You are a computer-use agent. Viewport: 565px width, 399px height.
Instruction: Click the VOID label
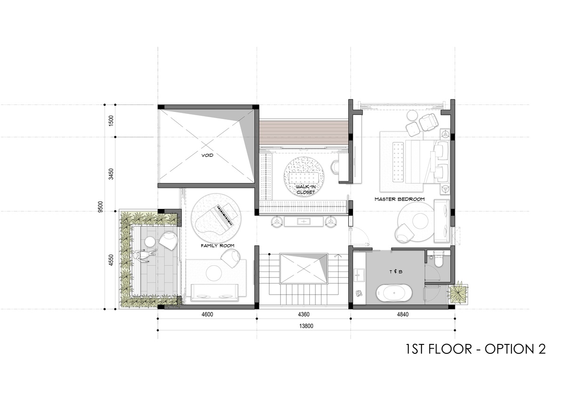(x=207, y=155)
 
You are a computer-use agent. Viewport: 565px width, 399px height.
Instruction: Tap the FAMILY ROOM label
(x=218, y=246)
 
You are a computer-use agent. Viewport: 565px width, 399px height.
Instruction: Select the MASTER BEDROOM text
(x=400, y=199)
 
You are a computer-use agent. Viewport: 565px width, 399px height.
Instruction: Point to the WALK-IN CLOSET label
(x=306, y=189)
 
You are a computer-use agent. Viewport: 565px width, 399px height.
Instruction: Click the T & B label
(x=396, y=271)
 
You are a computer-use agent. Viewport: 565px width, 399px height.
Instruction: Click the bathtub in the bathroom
(x=394, y=294)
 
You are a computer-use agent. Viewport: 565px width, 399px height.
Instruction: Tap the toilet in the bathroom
(x=438, y=259)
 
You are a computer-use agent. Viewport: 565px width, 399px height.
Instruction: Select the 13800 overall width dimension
(x=306, y=326)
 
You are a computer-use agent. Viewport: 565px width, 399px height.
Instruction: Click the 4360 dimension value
(x=304, y=314)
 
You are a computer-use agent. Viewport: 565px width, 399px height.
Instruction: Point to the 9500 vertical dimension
(x=101, y=207)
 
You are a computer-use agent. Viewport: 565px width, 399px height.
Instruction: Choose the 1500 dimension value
(x=111, y=121)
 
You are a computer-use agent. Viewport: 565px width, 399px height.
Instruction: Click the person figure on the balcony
(x=145, y=256)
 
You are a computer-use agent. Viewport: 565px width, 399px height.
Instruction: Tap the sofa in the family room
(x=215, y=292)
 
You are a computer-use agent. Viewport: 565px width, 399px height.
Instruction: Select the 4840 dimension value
(x=403, y=314)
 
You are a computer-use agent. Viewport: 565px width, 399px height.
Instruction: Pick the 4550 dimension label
(x=111, y=260)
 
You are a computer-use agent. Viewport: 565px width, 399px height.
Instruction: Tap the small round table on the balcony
(x=150, y=241)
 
